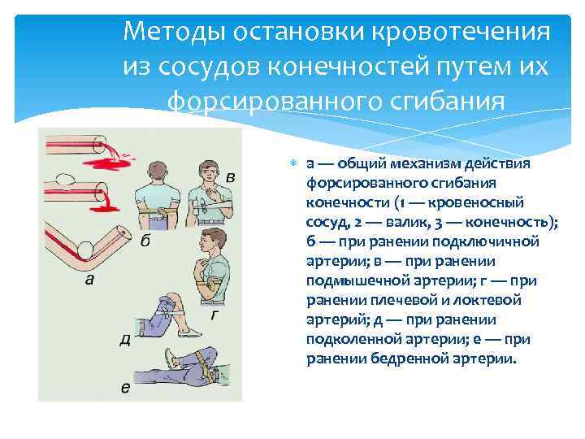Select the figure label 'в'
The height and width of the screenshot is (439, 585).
point(230,178)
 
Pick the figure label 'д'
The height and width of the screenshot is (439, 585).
point(124,339)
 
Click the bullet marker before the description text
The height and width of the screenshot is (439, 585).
point(297,163)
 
